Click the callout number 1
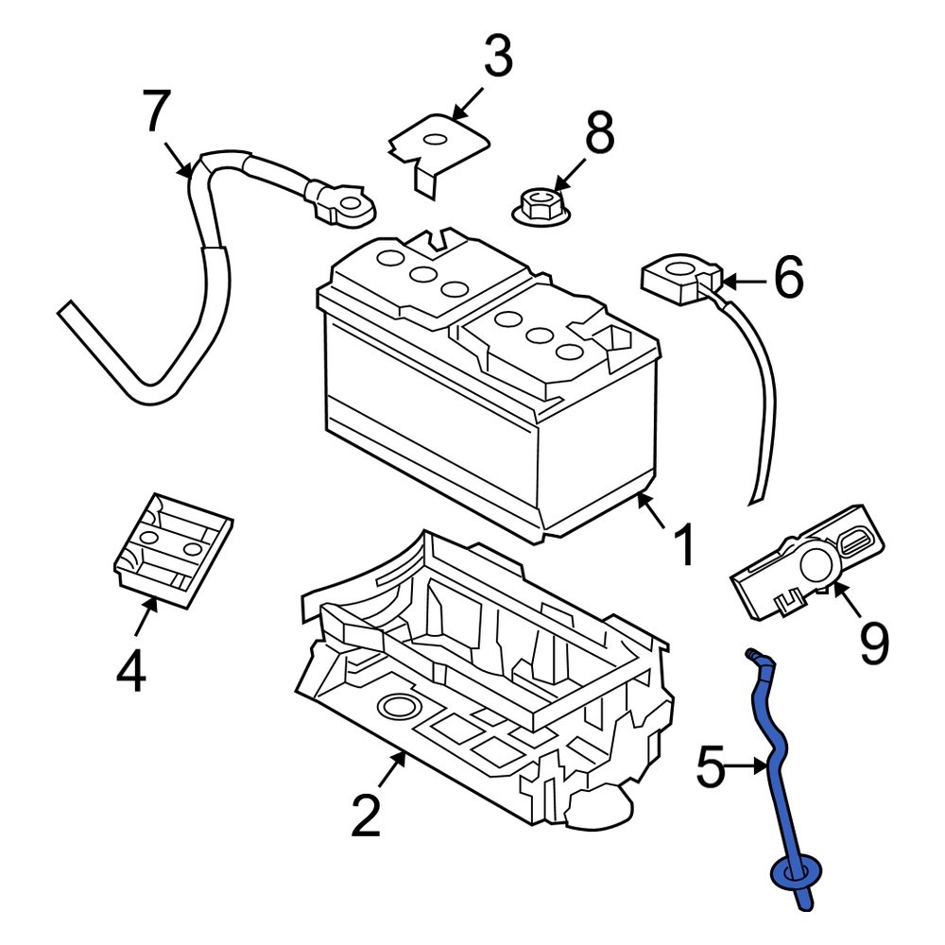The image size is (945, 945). click(681, 545)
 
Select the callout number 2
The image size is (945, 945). click(366, 814)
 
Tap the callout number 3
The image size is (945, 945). click(497, 58)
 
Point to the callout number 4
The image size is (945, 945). click(131, 671)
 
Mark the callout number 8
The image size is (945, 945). click(599, 134)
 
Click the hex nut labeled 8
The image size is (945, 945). click(540, 205)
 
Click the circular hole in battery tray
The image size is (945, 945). click(398, 708)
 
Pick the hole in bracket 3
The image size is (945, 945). click(436, 140)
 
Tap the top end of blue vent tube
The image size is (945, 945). click(753, 655)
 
